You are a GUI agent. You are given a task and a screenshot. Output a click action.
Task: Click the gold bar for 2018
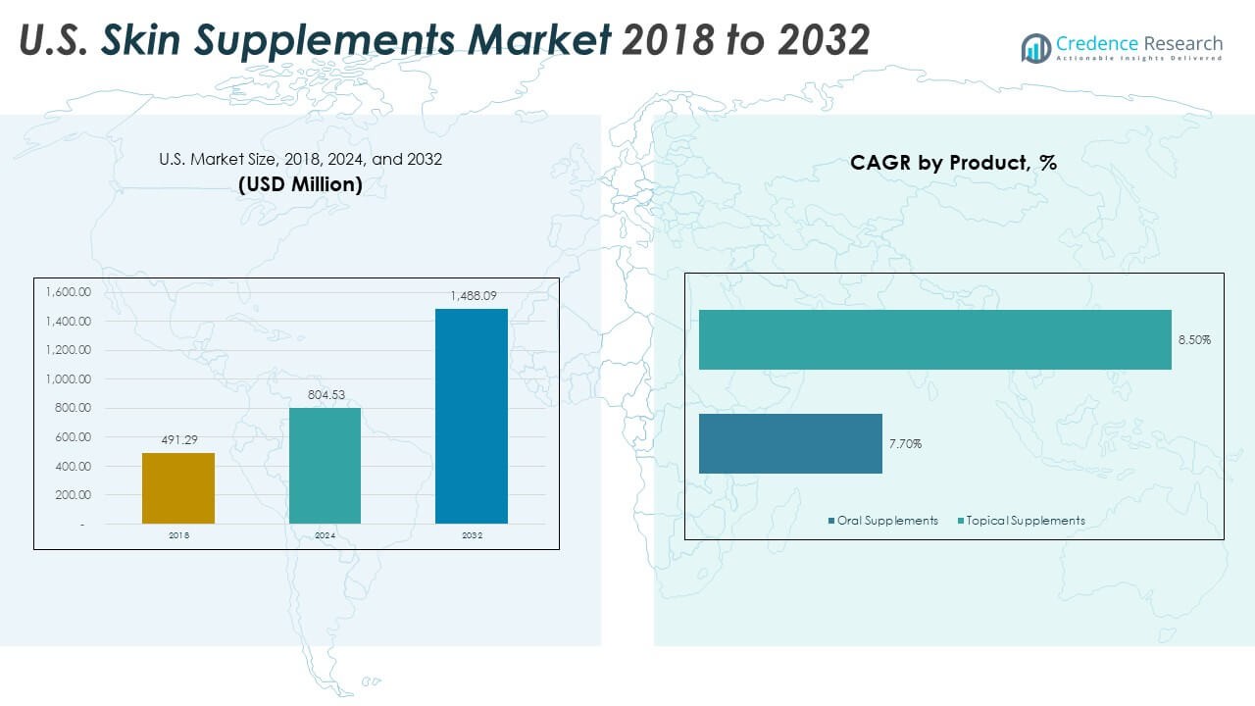[x=178, y=487]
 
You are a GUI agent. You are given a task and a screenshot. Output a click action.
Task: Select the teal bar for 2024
[x=325, y=465]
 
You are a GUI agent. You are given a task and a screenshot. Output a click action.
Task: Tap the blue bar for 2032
[x=472, y=416]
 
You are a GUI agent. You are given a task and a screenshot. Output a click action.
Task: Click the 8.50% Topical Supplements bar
[x=934, y=339]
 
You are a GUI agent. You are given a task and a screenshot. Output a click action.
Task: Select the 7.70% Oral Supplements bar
[x=790, y=443]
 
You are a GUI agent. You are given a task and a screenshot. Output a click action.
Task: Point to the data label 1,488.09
[x=472, y=296]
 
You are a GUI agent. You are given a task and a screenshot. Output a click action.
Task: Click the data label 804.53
[x=325, y=394]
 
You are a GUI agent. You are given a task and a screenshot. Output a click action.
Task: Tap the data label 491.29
[x=178, y=440]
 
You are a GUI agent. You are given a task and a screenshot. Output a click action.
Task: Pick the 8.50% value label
[x=1193, y=340]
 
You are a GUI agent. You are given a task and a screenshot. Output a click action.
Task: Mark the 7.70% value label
[x=905, y=444]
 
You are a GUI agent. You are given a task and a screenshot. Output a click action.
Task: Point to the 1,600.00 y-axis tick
[x=68, y=292]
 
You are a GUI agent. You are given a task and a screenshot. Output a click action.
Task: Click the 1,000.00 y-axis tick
[x=68, y=379]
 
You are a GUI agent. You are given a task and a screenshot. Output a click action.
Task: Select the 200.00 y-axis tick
[x=73, y=495]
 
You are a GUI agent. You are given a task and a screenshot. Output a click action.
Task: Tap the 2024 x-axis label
[x=325, y=535]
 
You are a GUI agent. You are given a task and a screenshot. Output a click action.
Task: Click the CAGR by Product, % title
[x=953, y=163]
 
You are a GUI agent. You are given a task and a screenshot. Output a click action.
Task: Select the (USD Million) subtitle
[x=300, y=183]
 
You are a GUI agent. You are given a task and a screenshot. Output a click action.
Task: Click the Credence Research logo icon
[x=1035, y=47]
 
